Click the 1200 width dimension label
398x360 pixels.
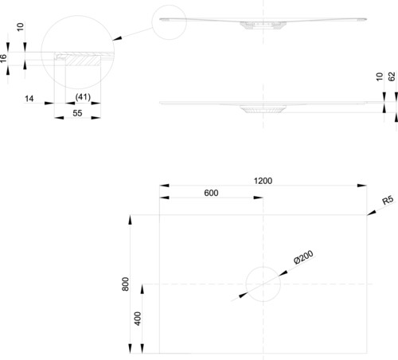[263, 181]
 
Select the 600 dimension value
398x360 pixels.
[211, 193]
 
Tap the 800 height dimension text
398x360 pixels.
[126, 284]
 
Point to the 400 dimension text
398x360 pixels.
[138, 319]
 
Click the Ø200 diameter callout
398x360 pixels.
[304, 257]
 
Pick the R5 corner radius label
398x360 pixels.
[388, 200]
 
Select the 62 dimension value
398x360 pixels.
[392, 76]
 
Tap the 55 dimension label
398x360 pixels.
[77, 113]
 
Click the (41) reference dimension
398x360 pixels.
[83, 97]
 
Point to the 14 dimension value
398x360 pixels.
[29, 99]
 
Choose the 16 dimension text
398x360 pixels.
[3, 58]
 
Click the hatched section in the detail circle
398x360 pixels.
[83, 60]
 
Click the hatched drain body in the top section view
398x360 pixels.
[263, 25]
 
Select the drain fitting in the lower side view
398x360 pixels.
[263, 109]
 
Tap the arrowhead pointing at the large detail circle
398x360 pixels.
[117, 38]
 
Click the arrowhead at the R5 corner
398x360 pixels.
[372, 213]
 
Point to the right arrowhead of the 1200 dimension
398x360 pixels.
[362, 186]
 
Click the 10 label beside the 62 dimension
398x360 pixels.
[380, 76]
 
